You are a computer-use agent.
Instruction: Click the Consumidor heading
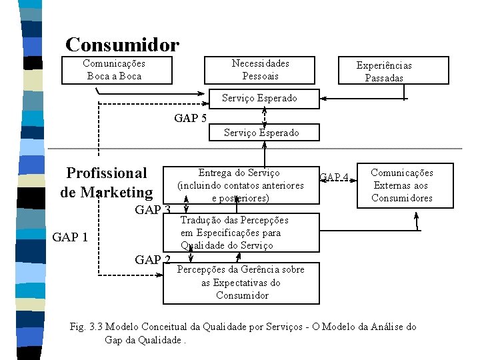click(122, 45)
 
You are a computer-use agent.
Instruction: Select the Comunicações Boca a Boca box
click(114, 70)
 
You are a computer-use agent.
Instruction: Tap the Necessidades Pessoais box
click(260, 70)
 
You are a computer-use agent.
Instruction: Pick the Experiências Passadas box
click(383, 71)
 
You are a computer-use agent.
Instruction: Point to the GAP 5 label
click(190, 119)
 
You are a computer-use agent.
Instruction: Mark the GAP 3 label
click(153, 211)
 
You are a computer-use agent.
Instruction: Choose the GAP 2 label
click(153, 260)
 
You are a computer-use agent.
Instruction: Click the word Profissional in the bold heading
click(107, 173)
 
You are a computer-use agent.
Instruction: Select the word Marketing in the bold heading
click(117, 193)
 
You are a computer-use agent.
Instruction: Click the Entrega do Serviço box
click(240, 185)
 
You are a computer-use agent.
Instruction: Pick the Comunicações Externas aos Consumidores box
click(401, 185)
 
